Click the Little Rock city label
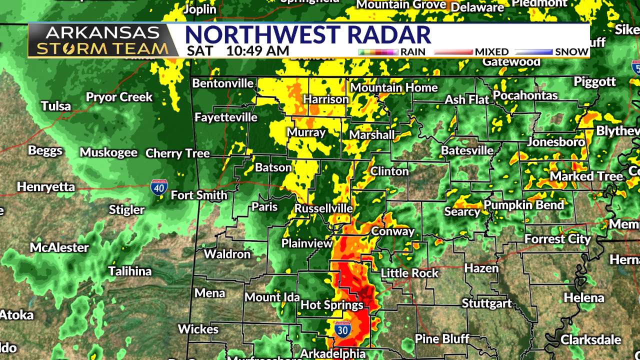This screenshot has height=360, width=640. click(409, 273)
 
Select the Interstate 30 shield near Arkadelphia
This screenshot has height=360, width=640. click(342, 329)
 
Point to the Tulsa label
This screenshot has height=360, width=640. click(56, 106)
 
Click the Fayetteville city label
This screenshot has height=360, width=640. click(226, 117)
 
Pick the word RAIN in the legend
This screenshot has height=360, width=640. click(413, 51)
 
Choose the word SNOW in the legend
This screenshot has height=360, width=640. click(571, 51)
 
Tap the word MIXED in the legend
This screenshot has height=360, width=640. click(491, 51)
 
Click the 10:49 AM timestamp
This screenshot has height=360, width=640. click(257, 50)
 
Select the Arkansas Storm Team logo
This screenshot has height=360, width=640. click(102, 40)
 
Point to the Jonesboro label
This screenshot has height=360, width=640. click(555, 142)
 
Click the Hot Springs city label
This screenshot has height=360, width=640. click(332, 304)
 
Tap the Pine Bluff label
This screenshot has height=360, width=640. click(442, 338)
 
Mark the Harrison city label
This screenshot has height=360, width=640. click(326, 99)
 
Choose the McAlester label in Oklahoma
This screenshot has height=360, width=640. click(59, 247)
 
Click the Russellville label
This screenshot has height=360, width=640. click(323, 208)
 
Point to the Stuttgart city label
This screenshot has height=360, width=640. click(486, 303)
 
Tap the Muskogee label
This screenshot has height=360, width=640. click(108, 152)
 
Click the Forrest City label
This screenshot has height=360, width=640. click(557, 239)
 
